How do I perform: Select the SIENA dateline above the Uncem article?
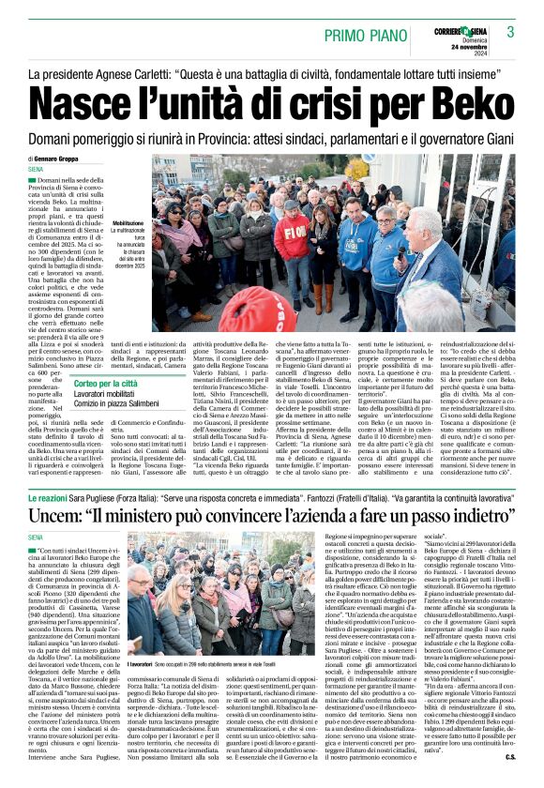point(39,538)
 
